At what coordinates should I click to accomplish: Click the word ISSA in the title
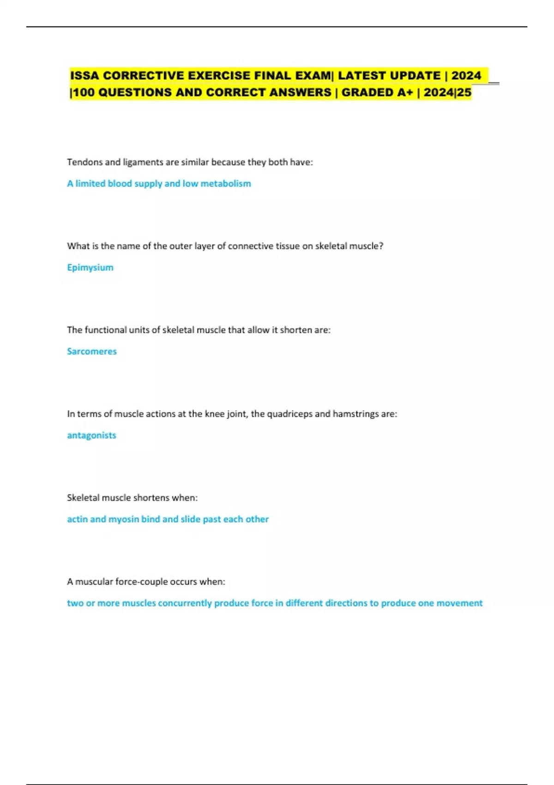click(84, 75)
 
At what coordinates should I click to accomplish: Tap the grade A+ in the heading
click(403, 92)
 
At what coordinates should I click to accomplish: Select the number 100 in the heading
click(84, 92)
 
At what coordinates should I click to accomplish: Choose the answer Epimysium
click(90, 267)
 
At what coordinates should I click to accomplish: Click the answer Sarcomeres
click(92, 351)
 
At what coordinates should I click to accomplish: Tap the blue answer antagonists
click(91, 435)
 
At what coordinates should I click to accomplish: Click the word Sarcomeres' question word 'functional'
click(105, 330)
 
